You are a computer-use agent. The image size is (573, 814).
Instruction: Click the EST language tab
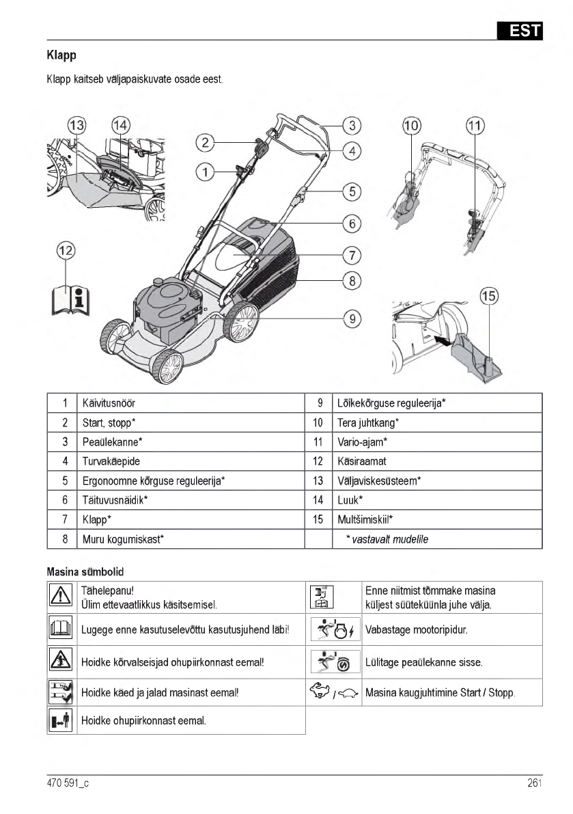point(520,31)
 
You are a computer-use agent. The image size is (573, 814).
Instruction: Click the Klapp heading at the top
point(61,55)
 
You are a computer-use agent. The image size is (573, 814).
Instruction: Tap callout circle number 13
point(77,125)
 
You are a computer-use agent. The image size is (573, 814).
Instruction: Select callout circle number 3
point(351,126)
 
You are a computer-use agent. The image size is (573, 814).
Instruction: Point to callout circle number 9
point(351,318)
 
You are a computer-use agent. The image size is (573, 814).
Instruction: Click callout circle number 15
point(488,297)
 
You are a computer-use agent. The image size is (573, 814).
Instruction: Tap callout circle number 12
point(66,251)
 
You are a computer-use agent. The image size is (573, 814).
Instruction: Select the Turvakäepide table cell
point(111,461)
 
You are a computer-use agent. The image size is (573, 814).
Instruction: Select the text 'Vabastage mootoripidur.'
point(416,629)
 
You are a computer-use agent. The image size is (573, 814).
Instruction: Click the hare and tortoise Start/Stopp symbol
point(333,692)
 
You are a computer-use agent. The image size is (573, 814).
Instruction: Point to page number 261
point(534,783)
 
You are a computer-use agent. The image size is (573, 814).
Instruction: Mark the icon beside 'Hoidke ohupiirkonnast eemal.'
point(61,720)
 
